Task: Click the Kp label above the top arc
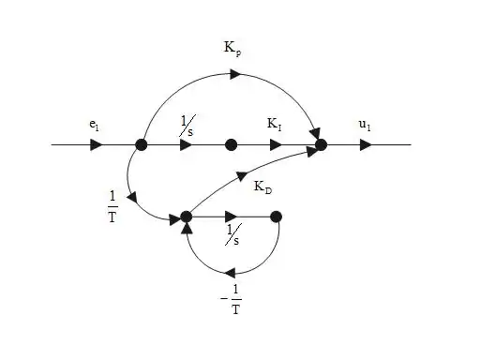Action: (232, 49)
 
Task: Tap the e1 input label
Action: (94, 125)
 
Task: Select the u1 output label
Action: (365, 125)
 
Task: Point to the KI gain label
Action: (275, 124)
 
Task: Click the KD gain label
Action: (262, 187)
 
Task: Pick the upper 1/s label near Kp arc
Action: (187, 126)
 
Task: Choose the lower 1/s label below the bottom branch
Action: (233, 234)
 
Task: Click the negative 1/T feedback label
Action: (232, 299)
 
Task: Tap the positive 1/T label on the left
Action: (112, 207)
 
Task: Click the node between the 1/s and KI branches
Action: (231, 145)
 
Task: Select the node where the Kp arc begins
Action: (142, 145)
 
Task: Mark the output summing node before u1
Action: (321, 145)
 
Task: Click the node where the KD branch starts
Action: (187, 217)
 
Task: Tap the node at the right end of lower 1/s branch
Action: (276, 217)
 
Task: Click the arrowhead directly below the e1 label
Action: (97, 145)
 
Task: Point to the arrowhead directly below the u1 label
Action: (366, 145)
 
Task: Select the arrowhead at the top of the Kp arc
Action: (235, 74)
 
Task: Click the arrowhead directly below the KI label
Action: (276, 145)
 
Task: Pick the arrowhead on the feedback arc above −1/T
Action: (231, 274)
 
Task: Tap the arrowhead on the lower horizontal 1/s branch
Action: (232, 217)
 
